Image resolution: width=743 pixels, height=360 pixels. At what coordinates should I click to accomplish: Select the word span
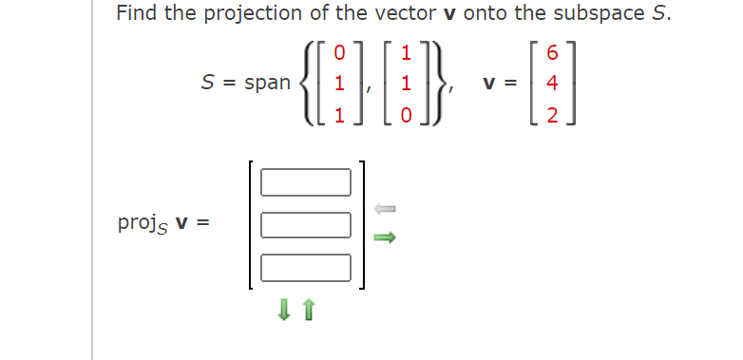point(267,82)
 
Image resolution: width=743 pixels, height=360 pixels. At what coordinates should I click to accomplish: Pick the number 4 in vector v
point(552,83)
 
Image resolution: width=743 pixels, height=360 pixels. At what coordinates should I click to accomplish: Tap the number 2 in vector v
point(552,114)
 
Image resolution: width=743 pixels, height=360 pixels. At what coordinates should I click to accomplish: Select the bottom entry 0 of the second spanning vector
point(408,114)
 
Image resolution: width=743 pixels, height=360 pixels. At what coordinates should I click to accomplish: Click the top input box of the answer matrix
point(306,180)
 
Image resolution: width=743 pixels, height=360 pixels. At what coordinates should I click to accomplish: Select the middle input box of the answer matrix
point(306,224)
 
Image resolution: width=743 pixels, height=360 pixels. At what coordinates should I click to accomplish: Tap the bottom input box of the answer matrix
point(306,267)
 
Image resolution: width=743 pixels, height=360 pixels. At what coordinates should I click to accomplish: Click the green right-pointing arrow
point(384,239)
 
